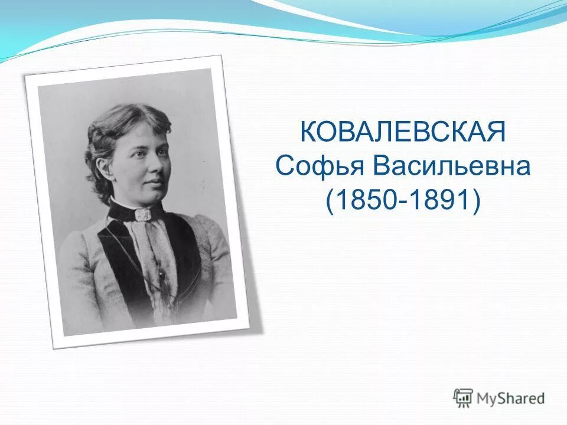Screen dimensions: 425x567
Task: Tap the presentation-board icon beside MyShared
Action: pyautogui.click(x=463, y=398)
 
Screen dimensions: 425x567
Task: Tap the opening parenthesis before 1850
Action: pyautogui.click(x=330, y=201)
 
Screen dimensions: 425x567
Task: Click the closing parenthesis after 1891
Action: pyautogui.click(x=476, y=201)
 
